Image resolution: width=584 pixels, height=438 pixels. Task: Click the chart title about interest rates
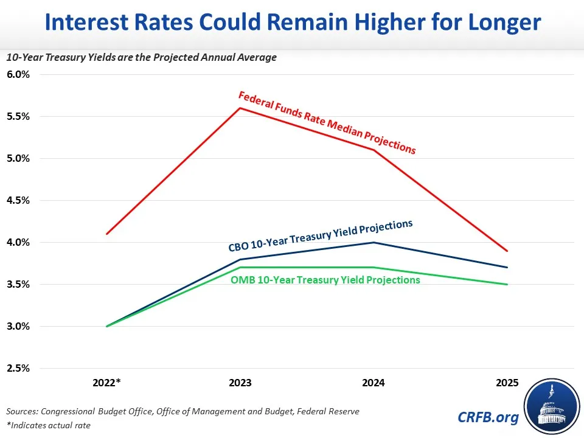[x=292, y=23]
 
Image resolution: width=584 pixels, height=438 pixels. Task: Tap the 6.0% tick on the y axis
[x=18, y=75]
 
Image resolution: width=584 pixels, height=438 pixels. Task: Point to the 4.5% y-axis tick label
[x=18, y=201]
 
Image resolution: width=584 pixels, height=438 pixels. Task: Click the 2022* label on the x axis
[x=107, y=383]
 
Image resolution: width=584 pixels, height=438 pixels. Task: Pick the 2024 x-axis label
[x=374, y=383]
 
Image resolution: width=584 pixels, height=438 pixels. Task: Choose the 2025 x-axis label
[x=507, y=383]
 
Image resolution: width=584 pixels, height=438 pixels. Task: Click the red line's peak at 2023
[x=240, y=108]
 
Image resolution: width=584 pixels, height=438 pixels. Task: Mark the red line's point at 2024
[x=374, y=150]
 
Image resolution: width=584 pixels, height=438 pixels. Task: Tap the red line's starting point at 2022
[x=107, y=234]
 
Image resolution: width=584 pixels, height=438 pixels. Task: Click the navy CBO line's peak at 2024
[x=374, y=243]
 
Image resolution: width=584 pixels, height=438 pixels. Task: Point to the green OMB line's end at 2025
[x=507, y=284]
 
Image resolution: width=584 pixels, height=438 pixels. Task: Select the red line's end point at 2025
[x=507, y=251]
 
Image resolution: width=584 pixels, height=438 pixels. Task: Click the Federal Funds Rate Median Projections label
[x=327, y=122]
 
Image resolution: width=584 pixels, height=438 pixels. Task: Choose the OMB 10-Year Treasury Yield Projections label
[x=325, y=280]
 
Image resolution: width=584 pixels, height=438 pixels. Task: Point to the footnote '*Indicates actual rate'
[x=48, y=425]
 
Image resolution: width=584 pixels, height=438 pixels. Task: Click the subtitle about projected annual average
[x=141, y=57]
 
